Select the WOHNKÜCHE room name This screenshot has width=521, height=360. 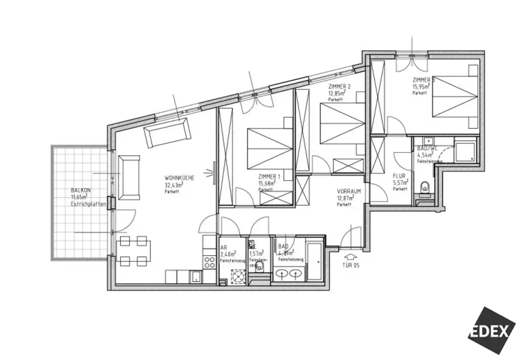[178, 178]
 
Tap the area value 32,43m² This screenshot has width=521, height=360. [173, 185]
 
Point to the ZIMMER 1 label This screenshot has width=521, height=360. [268, 177]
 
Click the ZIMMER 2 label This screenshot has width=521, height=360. [339, 86]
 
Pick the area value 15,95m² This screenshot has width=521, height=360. [422, 87]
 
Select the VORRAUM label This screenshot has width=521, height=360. [349, 191]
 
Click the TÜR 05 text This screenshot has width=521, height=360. [351, 266]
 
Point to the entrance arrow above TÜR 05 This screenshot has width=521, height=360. [351, 257]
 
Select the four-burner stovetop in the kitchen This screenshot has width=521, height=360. [209, 263]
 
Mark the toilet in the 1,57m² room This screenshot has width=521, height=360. [260, 269]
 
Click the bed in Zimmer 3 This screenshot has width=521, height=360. [454, 96]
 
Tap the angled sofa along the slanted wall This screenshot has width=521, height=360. [167, 132]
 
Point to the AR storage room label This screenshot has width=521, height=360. [223, 247]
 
